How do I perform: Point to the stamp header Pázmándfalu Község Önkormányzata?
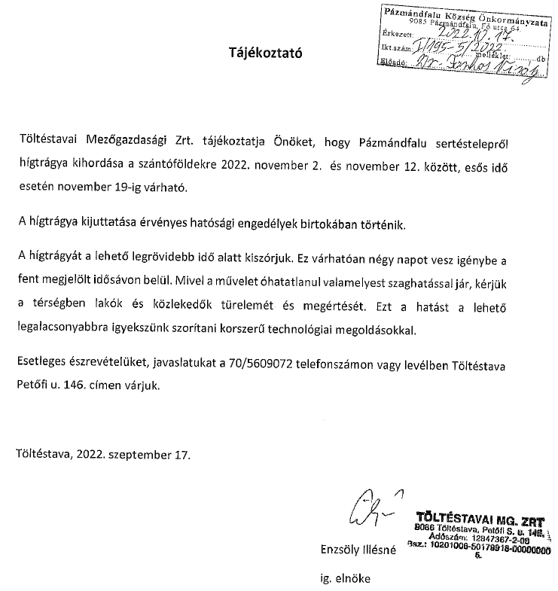(469, 14)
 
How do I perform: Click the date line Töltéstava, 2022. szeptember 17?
(103, 455)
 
